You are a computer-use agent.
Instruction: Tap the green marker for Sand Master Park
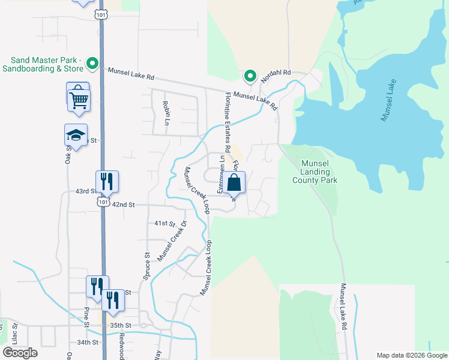coord(92,62)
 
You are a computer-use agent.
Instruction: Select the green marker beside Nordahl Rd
coord(250,76)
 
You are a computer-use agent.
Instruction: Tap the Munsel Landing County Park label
coord(315,172)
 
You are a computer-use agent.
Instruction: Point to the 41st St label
coord(164,223)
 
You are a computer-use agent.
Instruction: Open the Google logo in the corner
coord(20,353)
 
